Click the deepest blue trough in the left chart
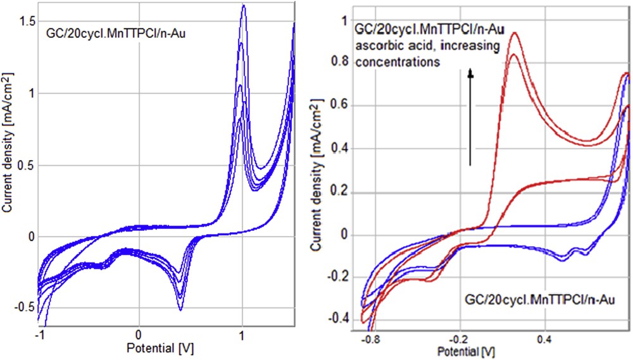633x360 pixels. click(180, 310)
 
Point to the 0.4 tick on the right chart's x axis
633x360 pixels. click(544, 339)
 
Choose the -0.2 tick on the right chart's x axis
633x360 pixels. click(459, 339)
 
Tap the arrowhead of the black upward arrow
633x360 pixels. click(470, 74)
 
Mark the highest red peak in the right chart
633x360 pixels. click(515, 33)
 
